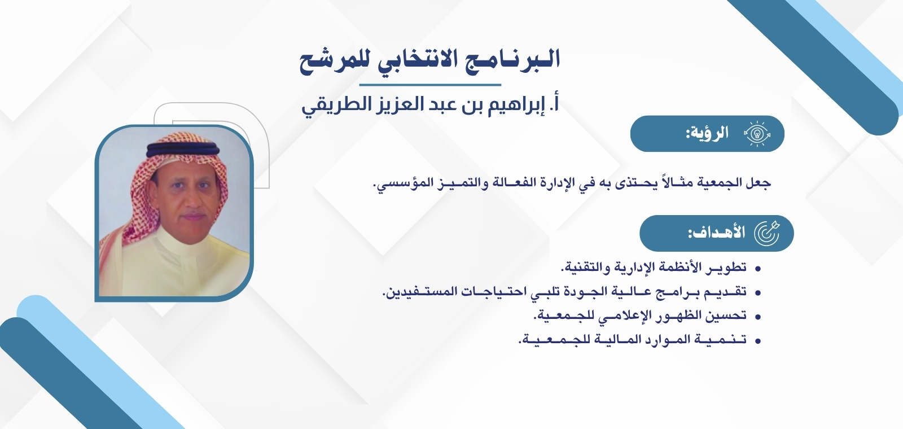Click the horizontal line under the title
[430, 85]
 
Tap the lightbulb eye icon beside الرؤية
[757, 134]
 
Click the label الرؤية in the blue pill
[708, 134]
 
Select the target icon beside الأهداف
[766, 233]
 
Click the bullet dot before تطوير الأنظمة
[758, 268]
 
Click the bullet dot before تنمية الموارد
[758, 340]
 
